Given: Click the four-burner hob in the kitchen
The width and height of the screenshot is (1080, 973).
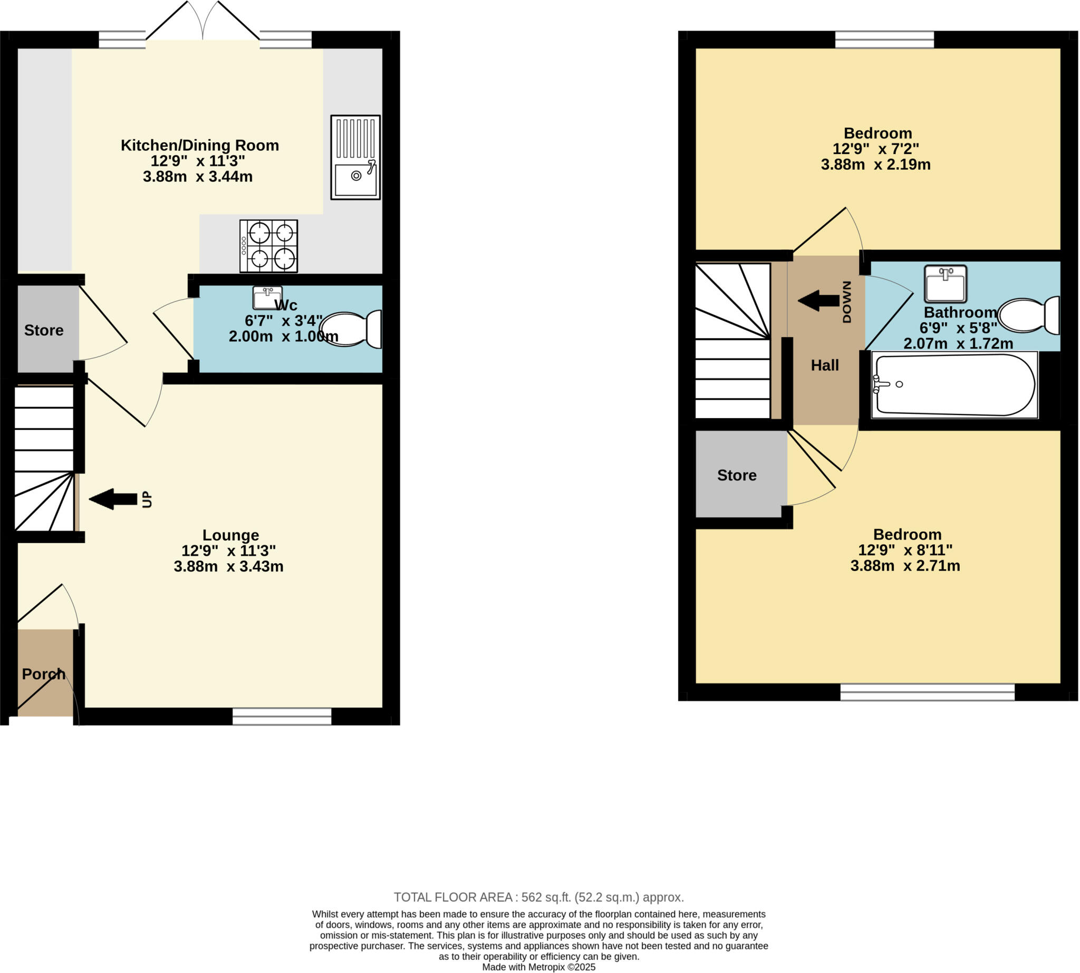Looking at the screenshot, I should tap(268, 246).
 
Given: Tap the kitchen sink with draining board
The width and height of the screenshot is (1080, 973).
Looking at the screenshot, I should tap(355, 158).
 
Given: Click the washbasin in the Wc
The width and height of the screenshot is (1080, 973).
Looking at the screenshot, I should tap(267, 298).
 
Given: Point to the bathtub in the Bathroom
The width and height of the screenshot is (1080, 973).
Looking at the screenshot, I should tap(954, 385).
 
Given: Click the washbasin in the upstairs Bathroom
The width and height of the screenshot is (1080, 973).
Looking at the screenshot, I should tap(946, 283).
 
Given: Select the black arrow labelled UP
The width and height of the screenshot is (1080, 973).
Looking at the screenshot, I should tap(113, 499).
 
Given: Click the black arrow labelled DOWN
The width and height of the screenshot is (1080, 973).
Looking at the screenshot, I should tap(818, 301).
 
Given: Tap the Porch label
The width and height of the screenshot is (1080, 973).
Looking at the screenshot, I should tap(44, 674).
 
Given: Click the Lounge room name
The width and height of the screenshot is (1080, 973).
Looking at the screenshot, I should tap(230, 535).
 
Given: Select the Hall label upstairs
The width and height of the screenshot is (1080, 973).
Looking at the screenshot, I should tap(824, 365).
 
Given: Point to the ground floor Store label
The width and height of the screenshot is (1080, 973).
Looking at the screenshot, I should tap(44, 330).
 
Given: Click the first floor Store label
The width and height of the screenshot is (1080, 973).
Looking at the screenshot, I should tap(736, 475).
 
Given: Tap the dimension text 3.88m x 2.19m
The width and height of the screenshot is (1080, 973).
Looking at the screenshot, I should tap(875, 165).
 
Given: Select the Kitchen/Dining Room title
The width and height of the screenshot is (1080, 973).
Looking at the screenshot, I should tap(199, 146).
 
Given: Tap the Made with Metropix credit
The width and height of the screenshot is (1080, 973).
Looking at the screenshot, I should tap(538, 967).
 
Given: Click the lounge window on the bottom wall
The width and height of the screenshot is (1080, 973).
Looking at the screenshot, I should tap(282, 716).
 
